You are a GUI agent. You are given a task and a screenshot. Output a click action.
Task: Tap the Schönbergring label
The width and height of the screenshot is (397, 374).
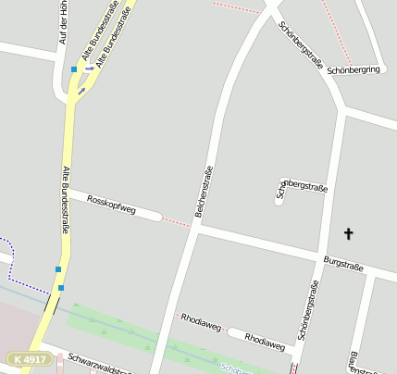tap(354, 69)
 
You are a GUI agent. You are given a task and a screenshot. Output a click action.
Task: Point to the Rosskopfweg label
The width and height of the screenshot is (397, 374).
tap(111, 206)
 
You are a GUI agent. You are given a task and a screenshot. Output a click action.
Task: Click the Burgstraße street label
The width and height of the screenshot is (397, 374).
tap(343, 263)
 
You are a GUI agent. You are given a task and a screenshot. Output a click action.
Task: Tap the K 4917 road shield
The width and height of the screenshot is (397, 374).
tap(27, 358)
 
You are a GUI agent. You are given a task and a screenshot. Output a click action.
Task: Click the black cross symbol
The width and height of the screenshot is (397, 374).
tap(349, 233)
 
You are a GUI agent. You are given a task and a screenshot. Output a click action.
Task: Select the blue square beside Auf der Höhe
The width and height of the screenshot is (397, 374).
tap(74, 69)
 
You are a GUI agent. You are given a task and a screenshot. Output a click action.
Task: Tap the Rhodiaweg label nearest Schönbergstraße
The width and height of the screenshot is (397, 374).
tap(265, 343)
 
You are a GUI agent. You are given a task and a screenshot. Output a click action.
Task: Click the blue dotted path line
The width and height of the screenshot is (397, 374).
tap(11, 261)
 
